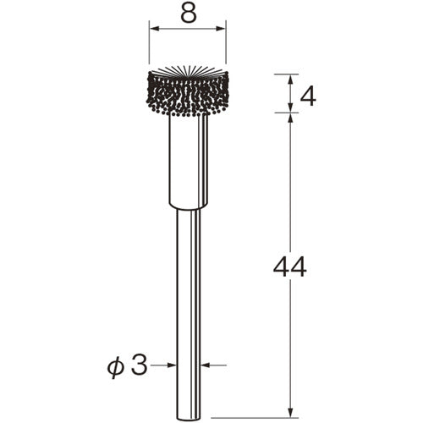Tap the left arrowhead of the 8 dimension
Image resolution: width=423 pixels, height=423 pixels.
[x=153, y=28]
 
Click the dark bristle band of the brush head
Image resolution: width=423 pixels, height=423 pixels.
[x=188, y=95]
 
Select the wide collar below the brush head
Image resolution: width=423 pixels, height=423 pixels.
[x=188, y=161]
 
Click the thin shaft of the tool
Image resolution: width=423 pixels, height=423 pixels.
[x=188, y=296]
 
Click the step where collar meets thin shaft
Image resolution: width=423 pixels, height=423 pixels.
[x=188, y=208]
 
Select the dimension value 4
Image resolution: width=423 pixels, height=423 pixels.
[x=308, y=96]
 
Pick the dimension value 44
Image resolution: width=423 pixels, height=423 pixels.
[x=289, y=267]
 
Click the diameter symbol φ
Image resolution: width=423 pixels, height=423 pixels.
[x=117, y=365]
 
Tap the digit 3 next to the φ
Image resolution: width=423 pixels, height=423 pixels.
[x=140, y=365]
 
